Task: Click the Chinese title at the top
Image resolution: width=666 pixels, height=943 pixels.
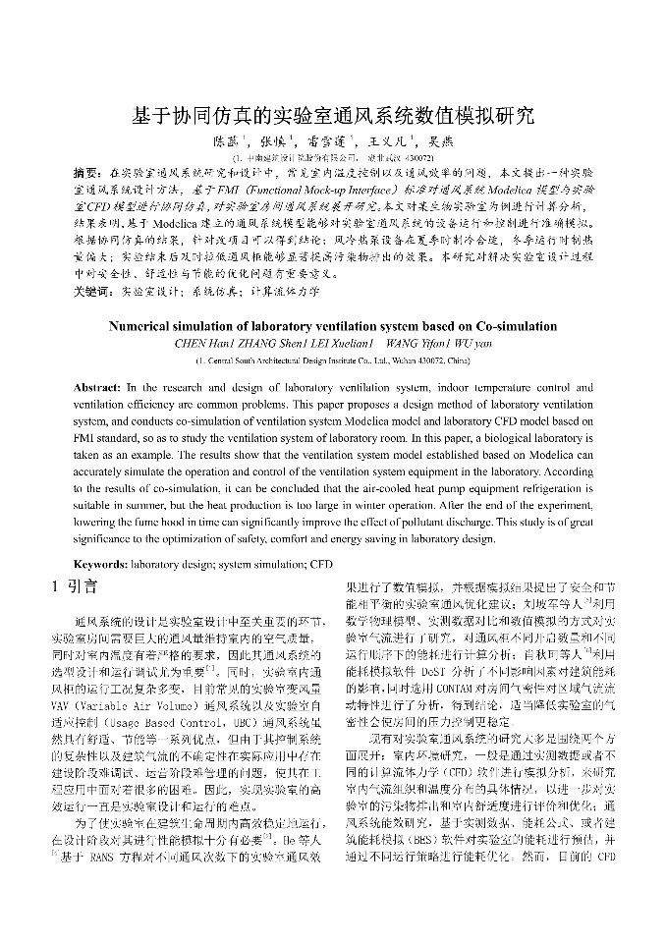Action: coord(333,116)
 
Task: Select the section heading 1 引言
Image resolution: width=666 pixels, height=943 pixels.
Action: coord(74,587)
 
